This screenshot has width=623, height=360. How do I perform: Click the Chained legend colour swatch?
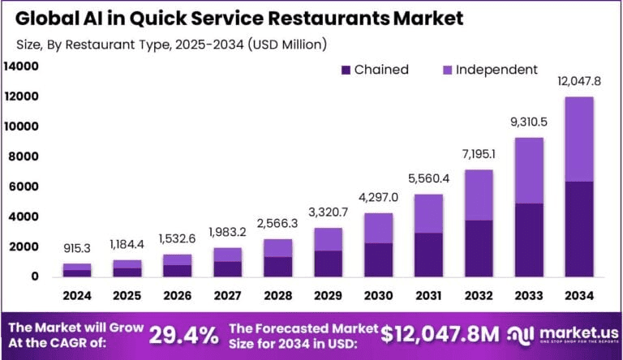pyautogui.click(x=346, y=70)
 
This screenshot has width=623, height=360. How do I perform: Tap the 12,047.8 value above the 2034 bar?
pyautogui.click(x=579, y=81)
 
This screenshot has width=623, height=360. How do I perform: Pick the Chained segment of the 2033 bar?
pyautogui.click(x=530, y=240)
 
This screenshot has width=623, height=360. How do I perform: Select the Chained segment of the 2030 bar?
pyautogui.click(x=379, y=259)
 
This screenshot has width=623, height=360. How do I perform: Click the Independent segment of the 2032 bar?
pyautogui.click(x=479, y=195)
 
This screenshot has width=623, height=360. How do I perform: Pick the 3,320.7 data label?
pyautogui.click(x=329, y=213)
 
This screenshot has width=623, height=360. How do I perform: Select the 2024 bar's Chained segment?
pyautogui.click(x=78, y=272)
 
